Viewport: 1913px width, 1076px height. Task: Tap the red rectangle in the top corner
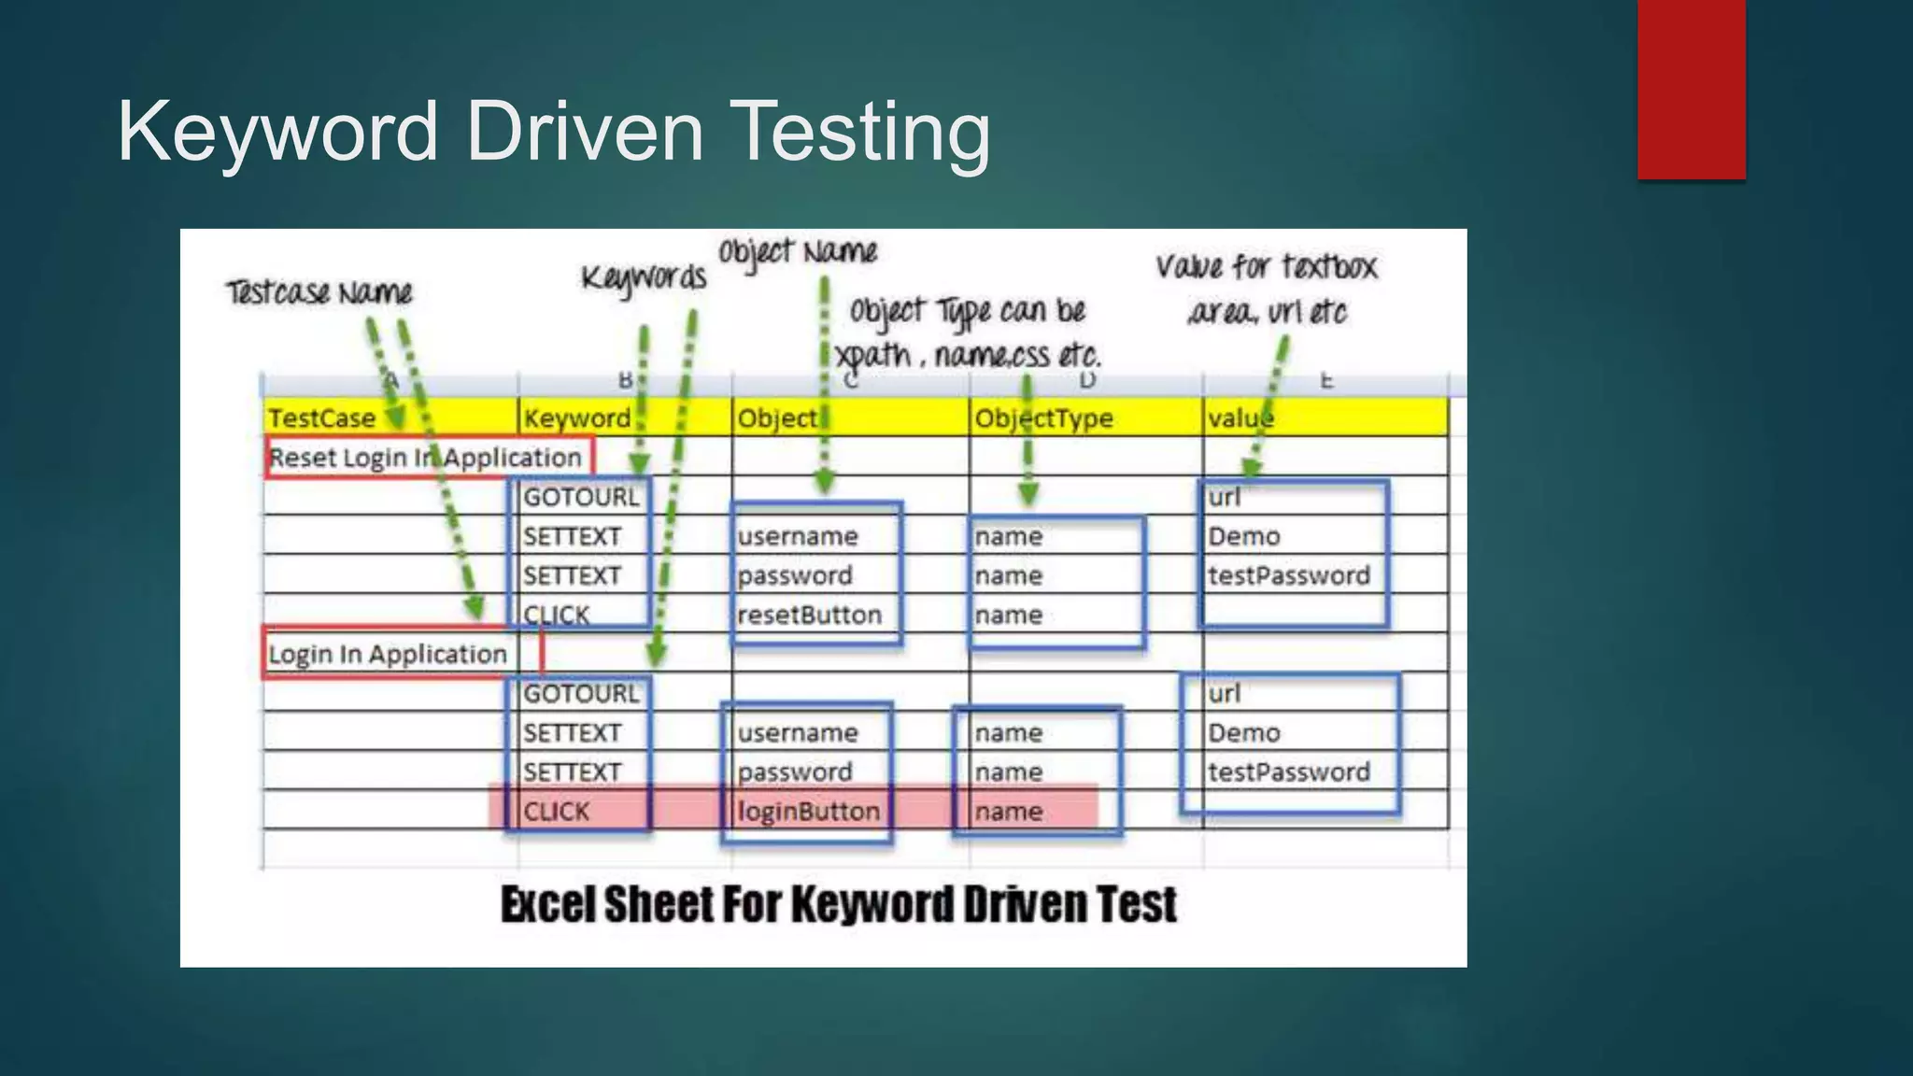click(1691, 89)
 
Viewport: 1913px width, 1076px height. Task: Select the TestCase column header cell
click(322, 418)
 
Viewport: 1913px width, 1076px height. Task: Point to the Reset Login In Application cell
click(425, 458)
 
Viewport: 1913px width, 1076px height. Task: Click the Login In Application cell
click(387, 654)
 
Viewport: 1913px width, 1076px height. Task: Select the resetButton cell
click(809, 615)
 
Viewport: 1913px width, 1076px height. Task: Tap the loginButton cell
click(808, 811)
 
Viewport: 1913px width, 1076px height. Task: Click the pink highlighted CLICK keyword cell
click(557, 811)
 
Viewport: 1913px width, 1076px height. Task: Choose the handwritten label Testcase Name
click(319, 292)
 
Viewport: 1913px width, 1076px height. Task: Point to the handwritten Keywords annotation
click(644, 277)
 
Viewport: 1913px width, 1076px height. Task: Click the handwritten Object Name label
click(798, 251)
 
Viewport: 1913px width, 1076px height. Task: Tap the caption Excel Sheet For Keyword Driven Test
click(838, 904)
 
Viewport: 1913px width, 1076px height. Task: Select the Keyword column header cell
click(577, 418)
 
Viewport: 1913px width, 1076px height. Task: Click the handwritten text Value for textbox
click(1266, 267)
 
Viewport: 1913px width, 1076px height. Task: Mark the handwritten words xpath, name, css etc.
click(968, 355)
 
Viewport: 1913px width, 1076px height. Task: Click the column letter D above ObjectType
click(1086, 381)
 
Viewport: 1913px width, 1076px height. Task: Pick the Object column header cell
click(777, 418)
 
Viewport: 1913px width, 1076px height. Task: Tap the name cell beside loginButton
click(1009, 811)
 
